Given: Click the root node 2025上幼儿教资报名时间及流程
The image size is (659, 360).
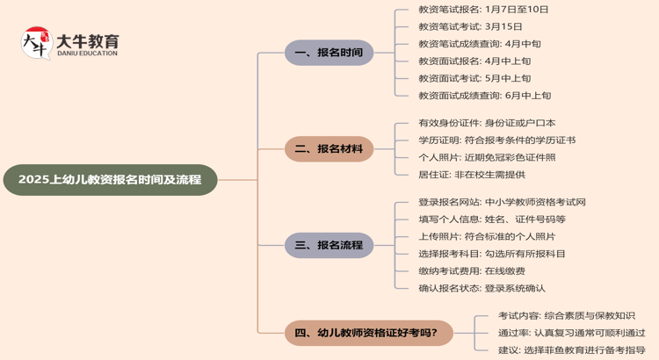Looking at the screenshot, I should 110,179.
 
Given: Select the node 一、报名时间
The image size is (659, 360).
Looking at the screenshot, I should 329,53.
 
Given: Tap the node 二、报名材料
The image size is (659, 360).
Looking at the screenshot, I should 329,149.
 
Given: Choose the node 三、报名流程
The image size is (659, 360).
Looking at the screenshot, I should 329,245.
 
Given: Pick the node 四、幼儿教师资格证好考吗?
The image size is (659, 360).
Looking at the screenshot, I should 373,333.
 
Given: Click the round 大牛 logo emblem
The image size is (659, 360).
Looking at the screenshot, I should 36,42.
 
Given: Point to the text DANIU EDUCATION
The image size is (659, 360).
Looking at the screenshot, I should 87,54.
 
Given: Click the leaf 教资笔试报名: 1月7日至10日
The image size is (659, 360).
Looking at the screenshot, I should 483,10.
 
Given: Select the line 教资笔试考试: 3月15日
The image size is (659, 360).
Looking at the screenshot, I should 470,27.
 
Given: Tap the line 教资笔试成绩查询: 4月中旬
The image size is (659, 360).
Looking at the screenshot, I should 480,44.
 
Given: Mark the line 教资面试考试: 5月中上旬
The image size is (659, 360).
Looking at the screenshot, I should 474,78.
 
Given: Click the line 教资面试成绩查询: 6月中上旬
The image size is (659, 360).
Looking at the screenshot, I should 485,96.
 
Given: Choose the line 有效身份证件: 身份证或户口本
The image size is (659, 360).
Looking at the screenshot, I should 487,123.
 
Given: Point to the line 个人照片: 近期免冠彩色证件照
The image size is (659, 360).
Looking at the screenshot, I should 487,157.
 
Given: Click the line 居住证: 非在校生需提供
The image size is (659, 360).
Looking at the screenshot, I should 472,175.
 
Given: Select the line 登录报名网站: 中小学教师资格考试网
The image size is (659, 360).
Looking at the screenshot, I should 502,202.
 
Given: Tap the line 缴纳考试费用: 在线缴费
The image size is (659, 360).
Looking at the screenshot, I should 472,271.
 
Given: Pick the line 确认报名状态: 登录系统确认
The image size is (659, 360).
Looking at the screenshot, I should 482,288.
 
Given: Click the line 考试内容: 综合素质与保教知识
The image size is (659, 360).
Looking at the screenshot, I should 566,316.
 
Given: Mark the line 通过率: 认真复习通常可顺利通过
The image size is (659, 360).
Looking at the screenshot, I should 571,333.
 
